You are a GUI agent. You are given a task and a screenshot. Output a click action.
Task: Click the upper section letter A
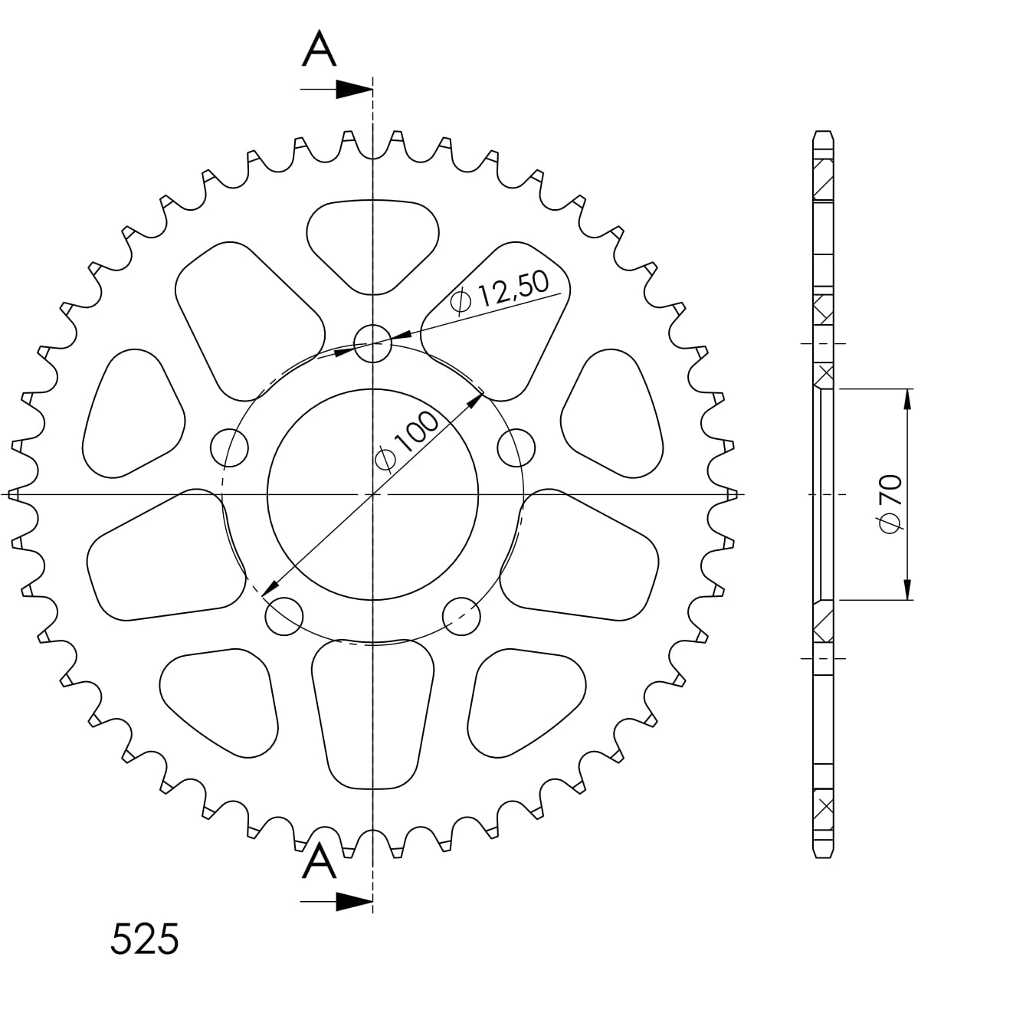(x=319, y=48)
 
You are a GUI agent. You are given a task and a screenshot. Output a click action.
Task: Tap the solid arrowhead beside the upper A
(x=354, y=90)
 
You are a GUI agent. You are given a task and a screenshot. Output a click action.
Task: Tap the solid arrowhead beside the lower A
(x=354, y=902)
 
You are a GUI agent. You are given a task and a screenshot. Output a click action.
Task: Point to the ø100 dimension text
(x=407, y=441)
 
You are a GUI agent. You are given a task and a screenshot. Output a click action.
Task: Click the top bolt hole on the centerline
(x=372, y=343)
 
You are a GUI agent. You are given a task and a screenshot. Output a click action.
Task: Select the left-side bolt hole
(x=229, y=447)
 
